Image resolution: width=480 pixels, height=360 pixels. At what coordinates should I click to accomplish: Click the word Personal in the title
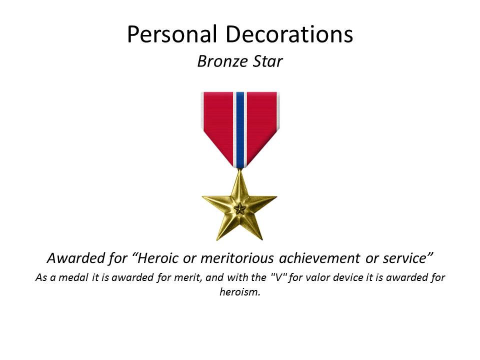point(172,34)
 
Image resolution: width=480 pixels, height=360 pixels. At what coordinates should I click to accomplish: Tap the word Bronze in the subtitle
point(222,61)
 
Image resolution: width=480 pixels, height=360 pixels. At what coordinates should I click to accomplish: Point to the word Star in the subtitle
point(267,61)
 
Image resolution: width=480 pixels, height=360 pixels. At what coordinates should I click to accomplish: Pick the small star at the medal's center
point(239,209)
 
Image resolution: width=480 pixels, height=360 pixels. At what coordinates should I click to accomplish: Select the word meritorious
point(237,258)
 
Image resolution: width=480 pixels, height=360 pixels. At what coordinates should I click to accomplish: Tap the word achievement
point(319,258)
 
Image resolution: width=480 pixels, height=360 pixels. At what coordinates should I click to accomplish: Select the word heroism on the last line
point(239,291)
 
